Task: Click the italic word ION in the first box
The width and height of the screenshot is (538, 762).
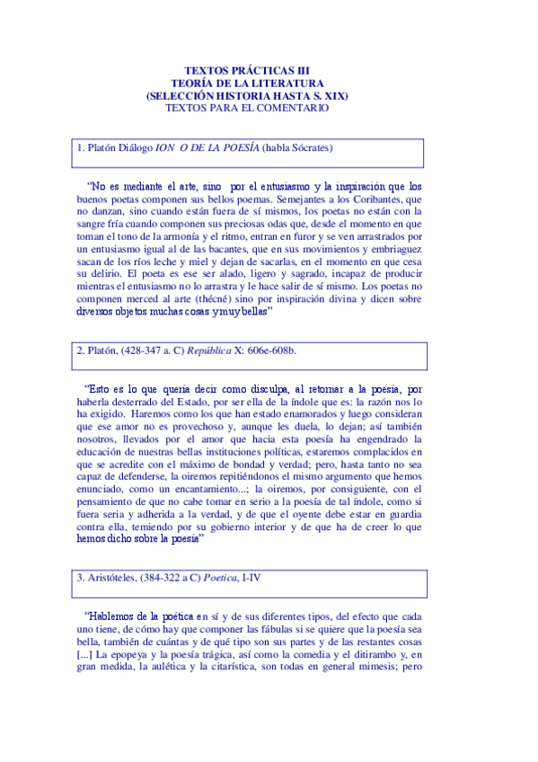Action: tap(164, 147)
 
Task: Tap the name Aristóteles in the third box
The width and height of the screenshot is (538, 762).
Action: tap(119, 578)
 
